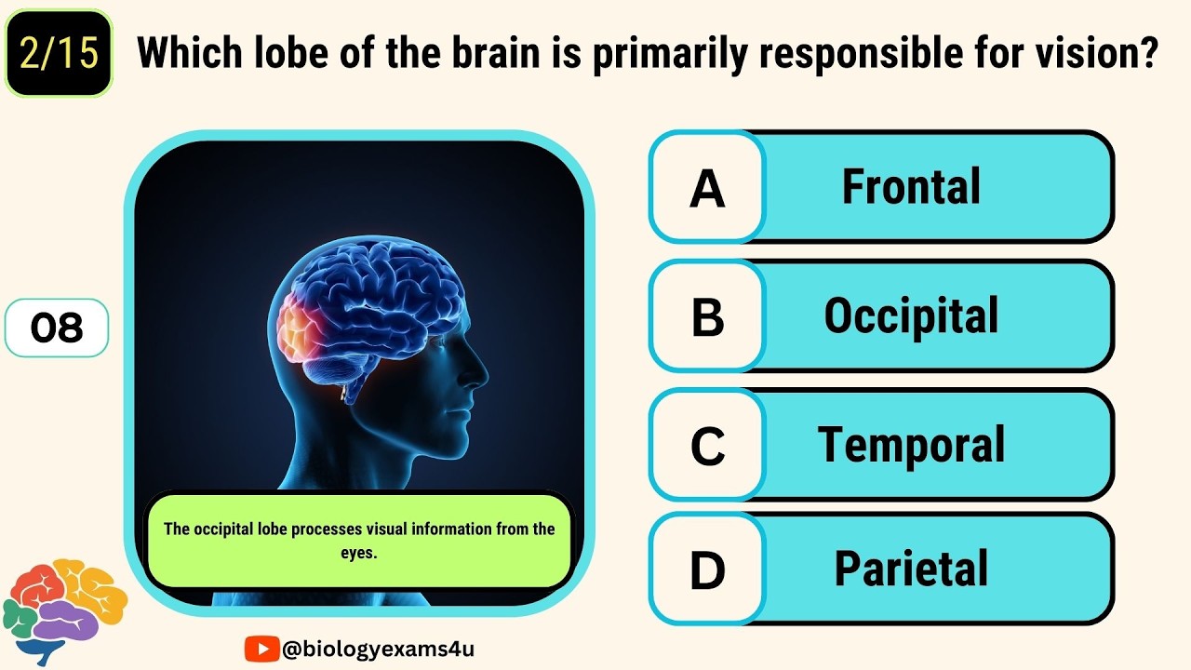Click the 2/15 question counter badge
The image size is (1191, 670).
pyautogui.click(x=59, y=54)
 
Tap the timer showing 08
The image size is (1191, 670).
pyautogui.click(x=57, y=328)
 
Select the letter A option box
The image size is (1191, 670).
pyautogui.click(x=707, y=188)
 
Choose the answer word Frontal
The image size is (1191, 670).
pyautogui.click(x=911, y=187)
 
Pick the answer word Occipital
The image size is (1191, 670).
pyautogui.click(x=911, y=316)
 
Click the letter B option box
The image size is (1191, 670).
pyautogui.click(x=707, y=317)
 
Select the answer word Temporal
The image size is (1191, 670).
pyautogui.click(x=911, y=445)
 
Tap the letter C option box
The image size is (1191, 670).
pyautogui.click(x=707, y=446)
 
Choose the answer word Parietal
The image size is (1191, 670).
pyautogui.click(x=911, y=569)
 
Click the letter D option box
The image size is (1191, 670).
pyautogui.click(x=707, y=569)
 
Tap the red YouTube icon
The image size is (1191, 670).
pyautogui.click(x=261, y=649)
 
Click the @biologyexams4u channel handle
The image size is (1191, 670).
pyautogui.click(x=377, y=649)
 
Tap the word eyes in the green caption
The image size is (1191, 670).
pyautogui.click(x=359, y=552)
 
